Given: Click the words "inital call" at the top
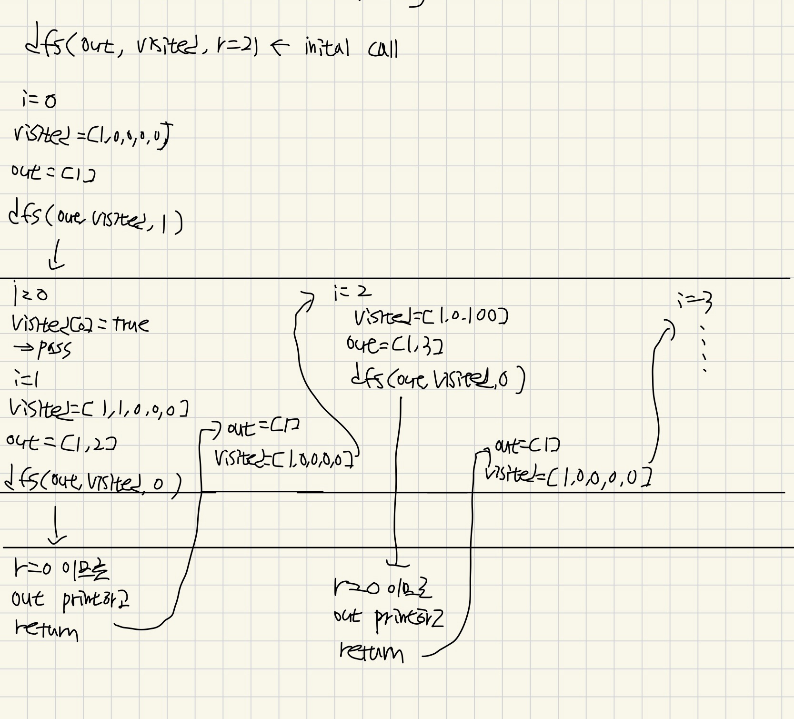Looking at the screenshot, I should point(351,48).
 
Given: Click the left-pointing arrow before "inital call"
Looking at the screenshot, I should point(280,46).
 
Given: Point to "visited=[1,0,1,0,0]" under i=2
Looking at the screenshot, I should point(431,316).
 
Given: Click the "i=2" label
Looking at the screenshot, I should point(352,293).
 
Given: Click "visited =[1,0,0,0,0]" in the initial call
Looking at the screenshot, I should point(93,135).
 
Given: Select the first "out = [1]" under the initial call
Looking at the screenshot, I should point(53,172).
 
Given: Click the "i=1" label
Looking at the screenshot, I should point(26,379).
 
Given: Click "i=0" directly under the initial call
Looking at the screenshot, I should point(39,100).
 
